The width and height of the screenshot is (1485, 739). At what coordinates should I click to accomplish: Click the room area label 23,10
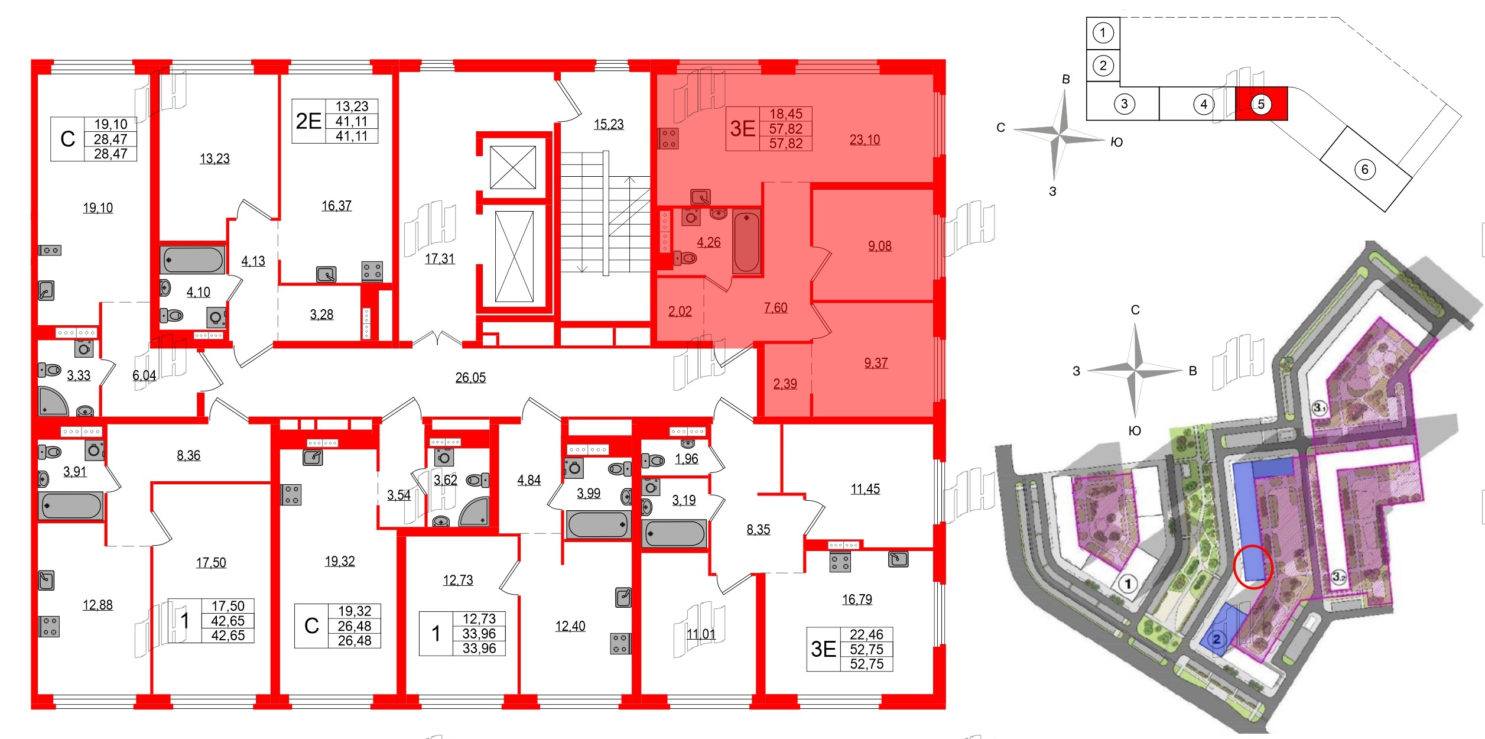coord(865,140)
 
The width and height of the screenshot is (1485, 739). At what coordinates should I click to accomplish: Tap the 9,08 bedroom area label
coord(879,246)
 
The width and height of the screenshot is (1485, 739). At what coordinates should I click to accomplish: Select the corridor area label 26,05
coord(470,377)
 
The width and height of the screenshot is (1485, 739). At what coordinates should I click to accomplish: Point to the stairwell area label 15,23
coord(609,124)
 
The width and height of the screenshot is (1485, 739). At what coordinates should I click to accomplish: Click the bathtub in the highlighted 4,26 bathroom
coord(746,242)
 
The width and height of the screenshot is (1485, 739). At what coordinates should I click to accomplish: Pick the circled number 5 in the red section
coord(1260,104)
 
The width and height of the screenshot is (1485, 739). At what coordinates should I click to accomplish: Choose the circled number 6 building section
coord(1364,170)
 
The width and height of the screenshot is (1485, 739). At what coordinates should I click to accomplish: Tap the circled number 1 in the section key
coord(1103,33)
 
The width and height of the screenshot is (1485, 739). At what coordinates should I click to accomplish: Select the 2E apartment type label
coord(308,121)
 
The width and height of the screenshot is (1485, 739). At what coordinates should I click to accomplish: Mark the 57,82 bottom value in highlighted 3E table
coord(785,144)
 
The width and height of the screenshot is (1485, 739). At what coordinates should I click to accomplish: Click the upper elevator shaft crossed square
coord(513,167)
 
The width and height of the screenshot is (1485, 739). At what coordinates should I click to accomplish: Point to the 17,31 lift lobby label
coord(440,258)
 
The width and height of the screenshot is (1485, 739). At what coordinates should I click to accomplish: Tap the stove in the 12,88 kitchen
coord(49,627)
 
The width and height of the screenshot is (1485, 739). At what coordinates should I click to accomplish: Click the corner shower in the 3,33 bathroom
coord(53,401)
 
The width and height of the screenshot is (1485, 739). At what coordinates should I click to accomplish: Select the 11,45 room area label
coord(865,489)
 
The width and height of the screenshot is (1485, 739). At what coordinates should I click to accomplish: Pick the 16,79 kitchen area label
coord(857,599)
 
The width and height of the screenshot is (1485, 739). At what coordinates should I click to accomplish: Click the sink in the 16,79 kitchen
coord(898,559)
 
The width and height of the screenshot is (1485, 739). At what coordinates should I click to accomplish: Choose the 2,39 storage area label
coord(785,384)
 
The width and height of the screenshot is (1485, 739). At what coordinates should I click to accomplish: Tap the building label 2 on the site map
coord(1217,639)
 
